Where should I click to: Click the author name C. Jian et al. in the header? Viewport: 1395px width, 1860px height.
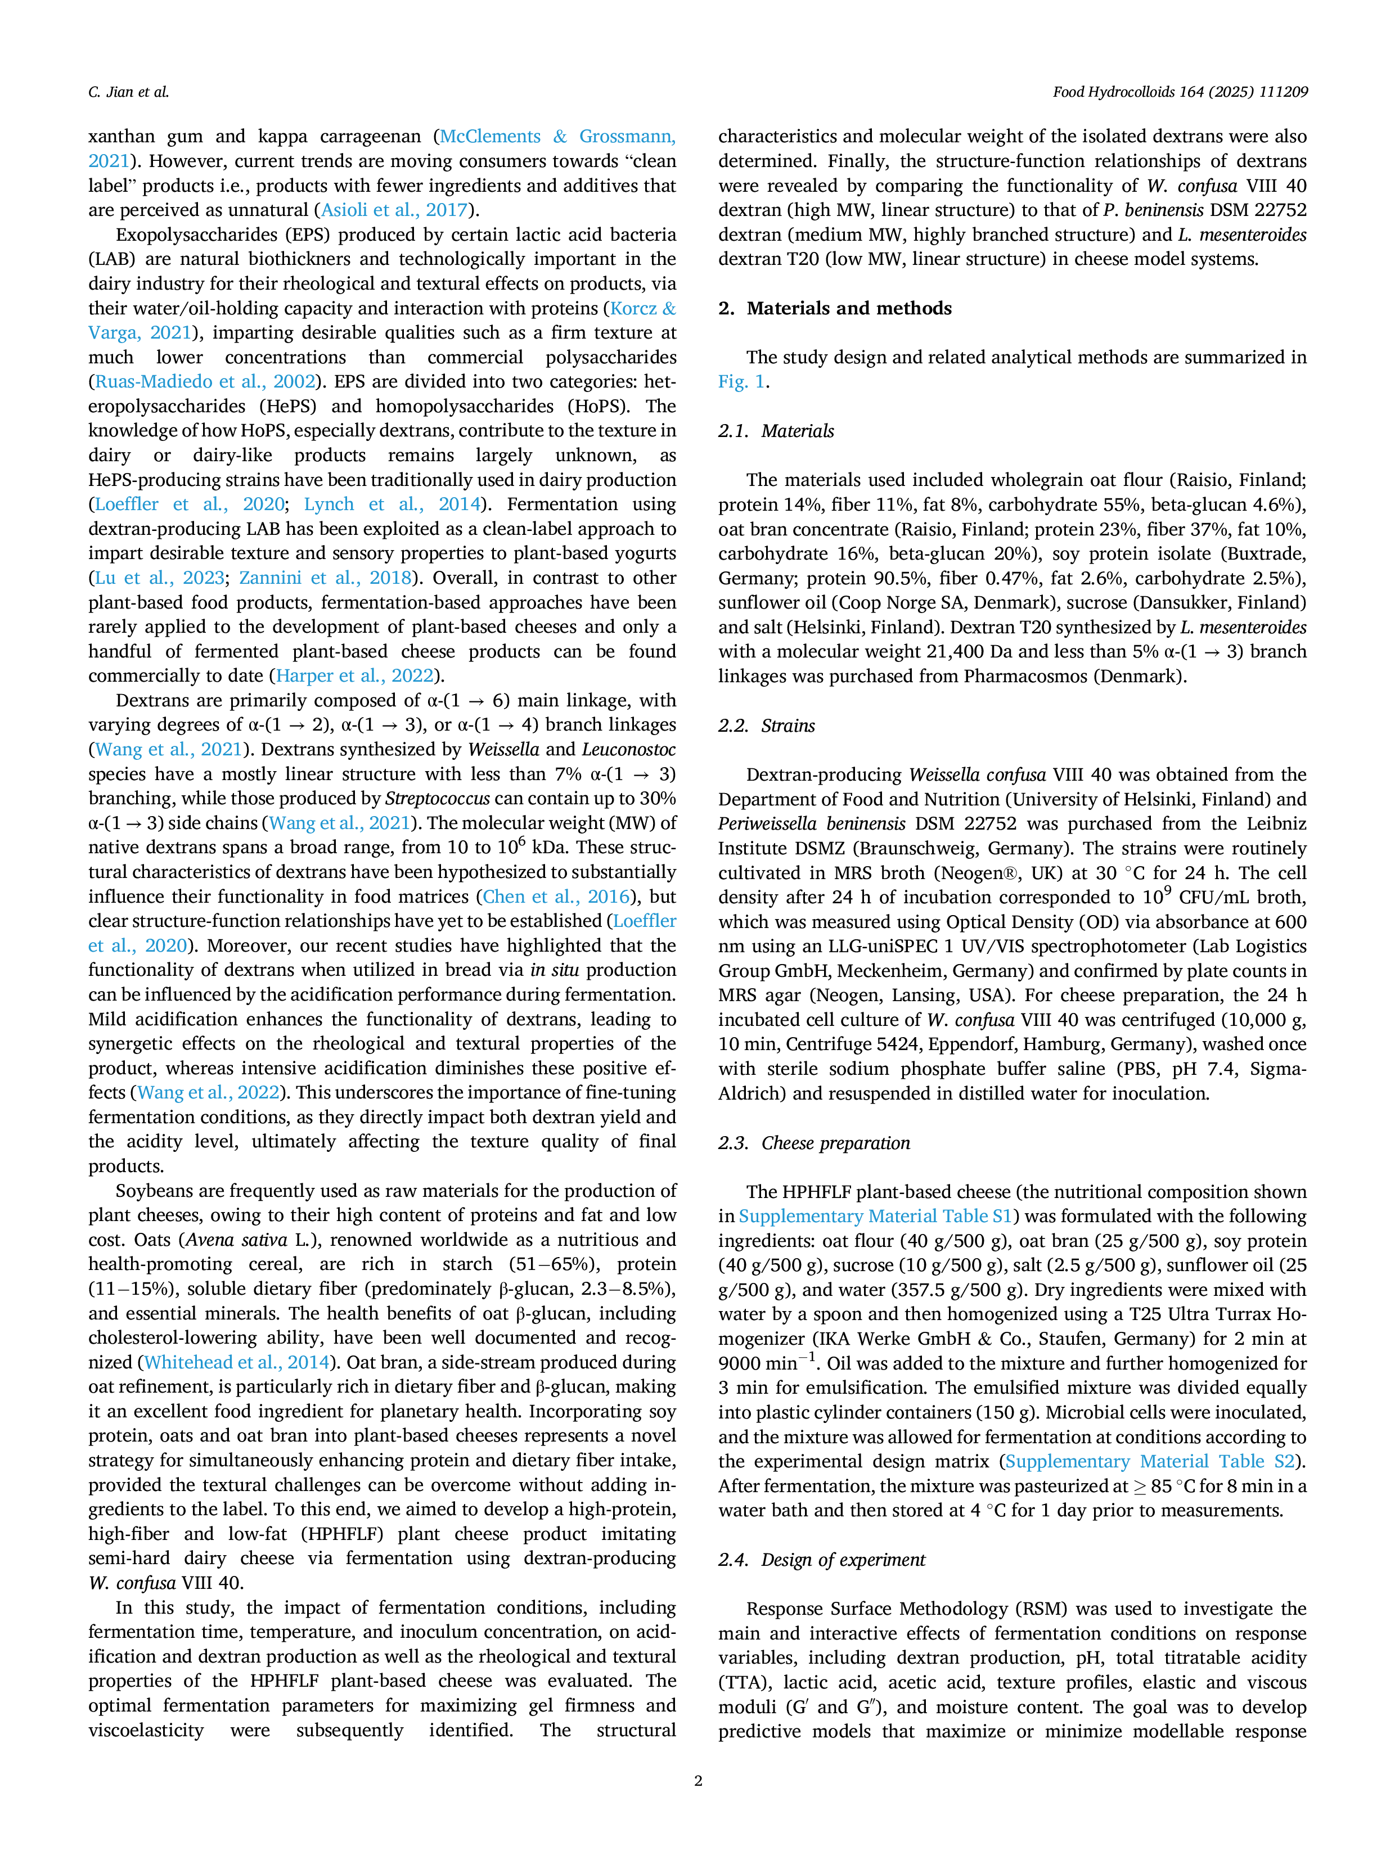129,92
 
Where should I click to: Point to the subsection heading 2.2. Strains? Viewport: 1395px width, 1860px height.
767,725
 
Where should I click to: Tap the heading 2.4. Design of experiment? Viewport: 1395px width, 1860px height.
821,1559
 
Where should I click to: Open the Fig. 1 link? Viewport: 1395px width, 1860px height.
741,382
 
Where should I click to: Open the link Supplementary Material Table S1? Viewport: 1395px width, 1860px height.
875,1216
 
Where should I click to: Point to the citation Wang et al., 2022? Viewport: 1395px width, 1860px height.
208,1092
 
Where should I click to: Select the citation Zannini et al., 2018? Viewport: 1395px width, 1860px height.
326,578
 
